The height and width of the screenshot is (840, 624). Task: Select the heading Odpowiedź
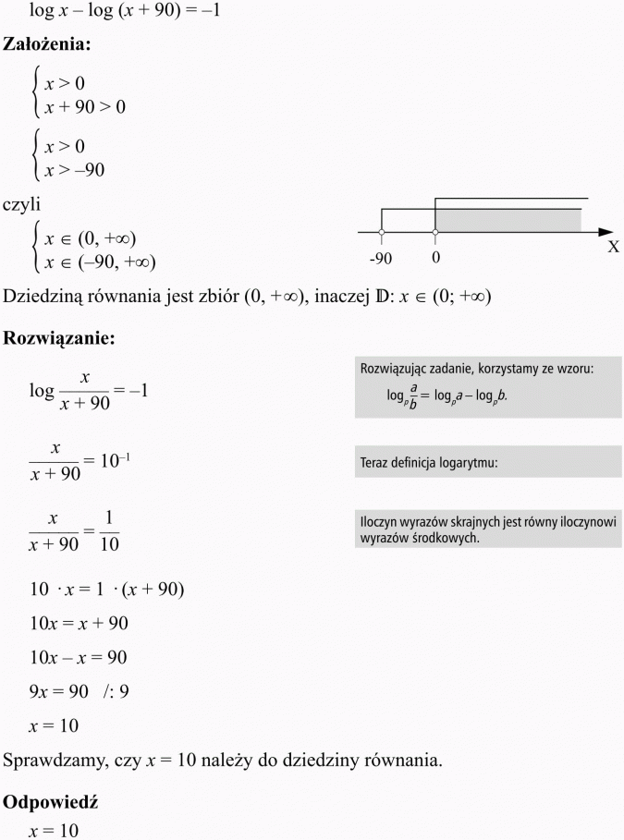(x=51, y=803)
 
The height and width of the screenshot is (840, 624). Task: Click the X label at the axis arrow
(x=613, y=248)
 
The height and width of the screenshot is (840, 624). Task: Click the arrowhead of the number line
(x=606, y=231)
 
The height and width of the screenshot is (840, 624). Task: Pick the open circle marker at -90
(x=383, y=231)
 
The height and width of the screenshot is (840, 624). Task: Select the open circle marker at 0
(x=435, y=231)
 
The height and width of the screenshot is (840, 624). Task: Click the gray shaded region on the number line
(x=508, y=220)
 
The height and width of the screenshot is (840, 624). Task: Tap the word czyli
(x=21, y=204)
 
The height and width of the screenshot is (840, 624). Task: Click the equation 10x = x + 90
(x=79, y=623)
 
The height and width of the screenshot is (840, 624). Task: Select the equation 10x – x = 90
(x=79, y=657)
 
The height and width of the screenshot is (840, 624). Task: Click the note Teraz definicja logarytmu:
(x=429, y=463)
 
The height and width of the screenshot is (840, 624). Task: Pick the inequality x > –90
(x=75, y=170)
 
